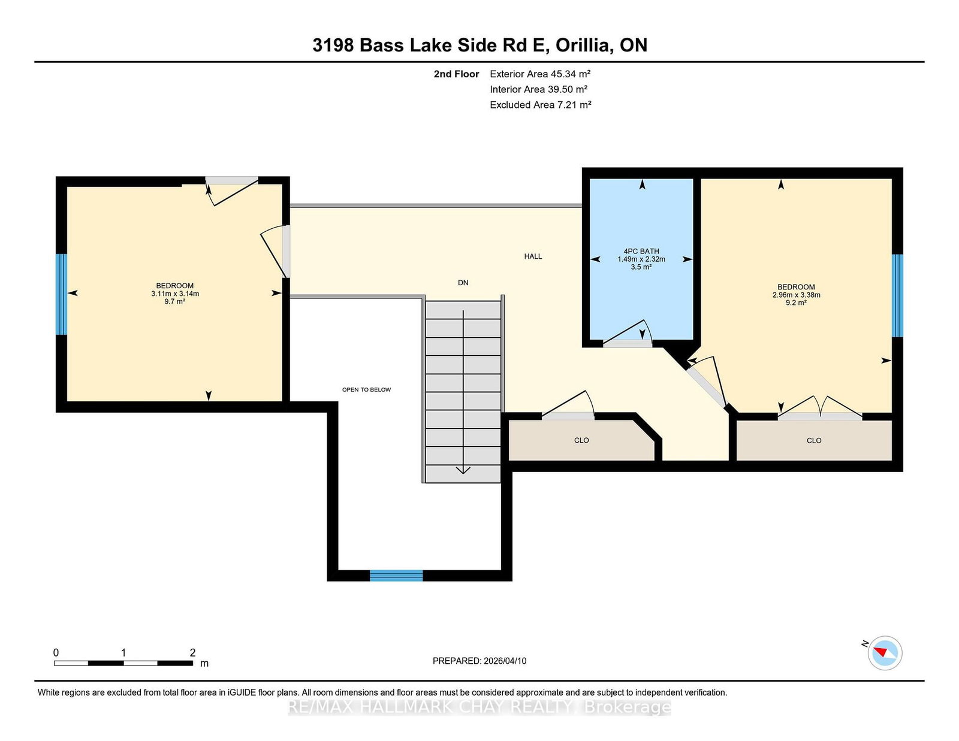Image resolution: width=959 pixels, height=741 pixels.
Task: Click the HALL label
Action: click(533, 256)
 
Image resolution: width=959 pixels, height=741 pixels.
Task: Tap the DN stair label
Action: click(463, 283)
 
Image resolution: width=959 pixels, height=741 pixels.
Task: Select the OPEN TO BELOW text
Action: click(366, 389)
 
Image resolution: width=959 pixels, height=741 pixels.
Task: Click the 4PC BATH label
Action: click(641, 252)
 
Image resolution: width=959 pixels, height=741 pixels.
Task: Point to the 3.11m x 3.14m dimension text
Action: click(175, 294)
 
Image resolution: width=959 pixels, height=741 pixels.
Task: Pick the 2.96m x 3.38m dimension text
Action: click(796, 295)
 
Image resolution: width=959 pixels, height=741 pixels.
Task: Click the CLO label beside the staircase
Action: click(581, 440)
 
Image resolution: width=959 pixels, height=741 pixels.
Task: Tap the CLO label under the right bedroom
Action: click(814, 440)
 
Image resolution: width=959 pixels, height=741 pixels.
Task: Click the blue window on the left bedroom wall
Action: click(61, 294)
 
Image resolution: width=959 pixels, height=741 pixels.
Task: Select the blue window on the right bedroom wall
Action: click(897, 295)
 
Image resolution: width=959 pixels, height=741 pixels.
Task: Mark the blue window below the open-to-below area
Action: click(396, 576)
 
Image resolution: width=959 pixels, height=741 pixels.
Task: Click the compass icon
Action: click(885, 653)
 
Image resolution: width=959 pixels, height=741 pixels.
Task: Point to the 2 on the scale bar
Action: click(192, 652)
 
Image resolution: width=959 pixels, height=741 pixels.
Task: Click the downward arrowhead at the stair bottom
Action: click(463, 470)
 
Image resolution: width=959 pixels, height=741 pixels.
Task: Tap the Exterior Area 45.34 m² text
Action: click(540, 74)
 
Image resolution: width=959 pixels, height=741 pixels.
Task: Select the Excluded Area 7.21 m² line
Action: click(540, 105)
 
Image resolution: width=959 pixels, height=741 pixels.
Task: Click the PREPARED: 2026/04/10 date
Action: click(479, 661)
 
